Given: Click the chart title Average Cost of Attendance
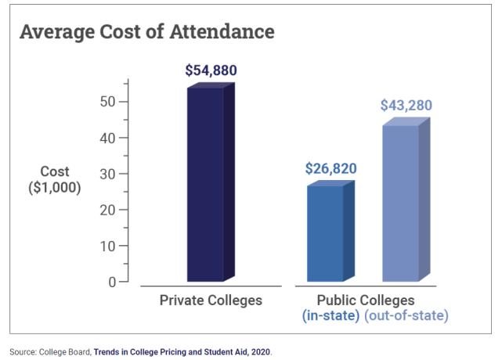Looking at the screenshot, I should click(146, 32).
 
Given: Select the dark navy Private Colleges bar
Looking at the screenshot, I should click(205, 184).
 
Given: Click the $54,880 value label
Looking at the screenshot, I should click(211, 70).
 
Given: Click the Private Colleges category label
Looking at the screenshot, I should click(211, 301).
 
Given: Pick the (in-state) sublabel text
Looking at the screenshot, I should click(330, 315).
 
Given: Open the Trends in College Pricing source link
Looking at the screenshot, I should click(182, 352).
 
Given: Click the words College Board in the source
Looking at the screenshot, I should click(64, 352).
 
